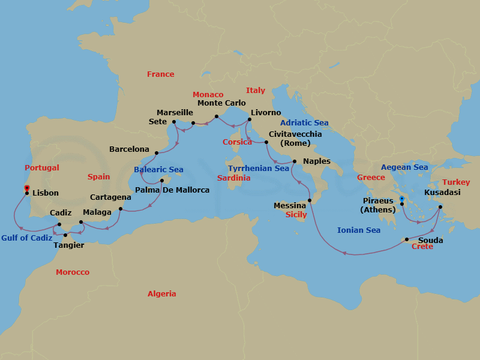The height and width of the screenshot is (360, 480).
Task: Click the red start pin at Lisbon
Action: pos(27,188)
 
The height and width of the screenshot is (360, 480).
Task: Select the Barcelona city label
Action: pos(129,149)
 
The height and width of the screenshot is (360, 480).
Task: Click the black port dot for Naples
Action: pos(294,161)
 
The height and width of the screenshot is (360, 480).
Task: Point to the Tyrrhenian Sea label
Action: pos(259,169)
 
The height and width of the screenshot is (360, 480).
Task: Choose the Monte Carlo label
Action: pos(221,103)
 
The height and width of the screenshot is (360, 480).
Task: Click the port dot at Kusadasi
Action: pos(440,208)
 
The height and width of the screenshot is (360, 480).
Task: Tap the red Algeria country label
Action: pos(162,294)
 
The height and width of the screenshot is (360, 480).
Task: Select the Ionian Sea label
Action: pos(359,230)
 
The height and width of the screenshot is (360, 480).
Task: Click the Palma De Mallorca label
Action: pos(172,190)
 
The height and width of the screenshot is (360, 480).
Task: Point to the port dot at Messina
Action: pos(310,200)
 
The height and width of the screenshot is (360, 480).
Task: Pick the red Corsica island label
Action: pos(237,142)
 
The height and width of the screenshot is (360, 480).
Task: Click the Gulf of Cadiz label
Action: pos(26,238)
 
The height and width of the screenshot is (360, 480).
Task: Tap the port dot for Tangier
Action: pos(65,235)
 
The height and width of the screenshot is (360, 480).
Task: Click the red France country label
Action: pos(161,74)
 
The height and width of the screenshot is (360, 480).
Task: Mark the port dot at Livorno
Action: pos(250,119)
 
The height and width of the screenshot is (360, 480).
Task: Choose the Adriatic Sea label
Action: pos(304,123)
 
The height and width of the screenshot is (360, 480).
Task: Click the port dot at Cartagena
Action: pos(121,209)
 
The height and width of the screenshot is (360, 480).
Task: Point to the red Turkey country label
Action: pos(457,182)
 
